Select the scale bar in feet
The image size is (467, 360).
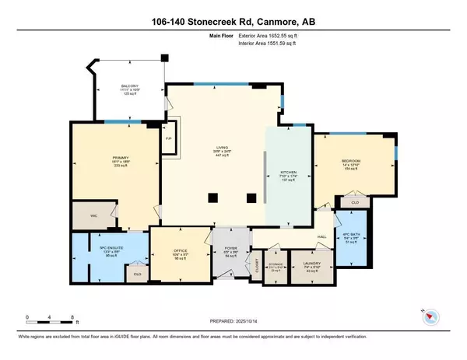point(50,318)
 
